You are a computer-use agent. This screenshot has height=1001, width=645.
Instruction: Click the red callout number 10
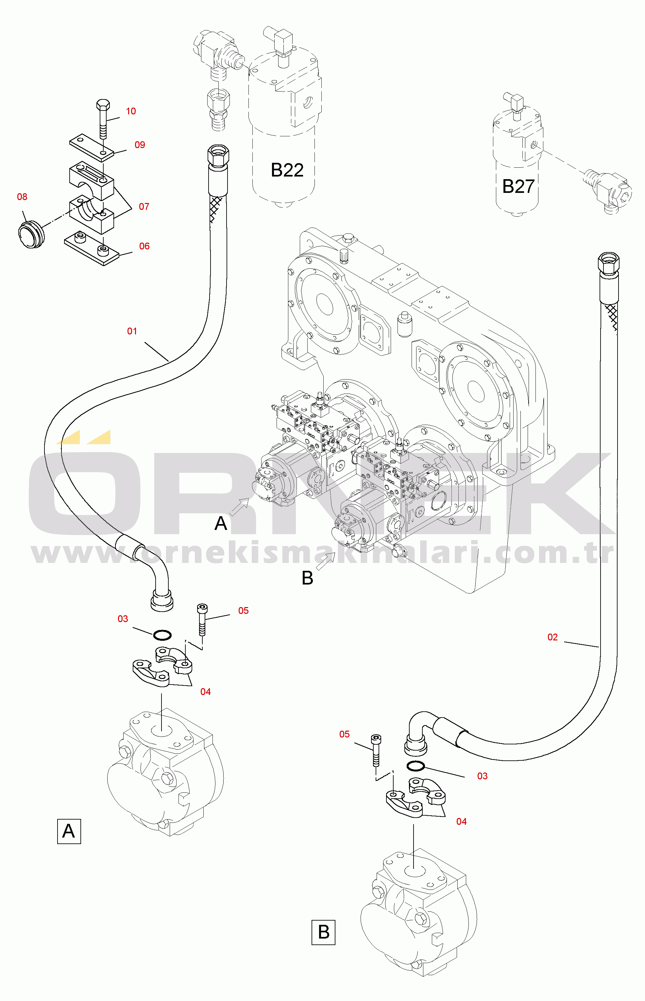(x=131, y=111)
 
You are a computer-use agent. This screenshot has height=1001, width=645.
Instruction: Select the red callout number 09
(x=140, y=144)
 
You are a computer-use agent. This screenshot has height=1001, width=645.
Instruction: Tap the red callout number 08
(x=22, y=196)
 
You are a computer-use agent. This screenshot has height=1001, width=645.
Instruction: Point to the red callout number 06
(x=144, y=246)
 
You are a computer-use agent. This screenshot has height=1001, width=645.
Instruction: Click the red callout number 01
(x=132, y=331)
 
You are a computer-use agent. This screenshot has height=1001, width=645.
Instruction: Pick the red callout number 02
(x=552, y=637)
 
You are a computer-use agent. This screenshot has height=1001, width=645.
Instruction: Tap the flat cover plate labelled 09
(x=91, y=147)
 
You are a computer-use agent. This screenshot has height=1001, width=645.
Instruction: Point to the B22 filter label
(x=287, y=170)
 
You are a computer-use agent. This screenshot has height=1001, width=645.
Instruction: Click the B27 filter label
(x=518, y=186)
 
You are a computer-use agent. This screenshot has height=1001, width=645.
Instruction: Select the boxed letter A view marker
(x=69, y=831)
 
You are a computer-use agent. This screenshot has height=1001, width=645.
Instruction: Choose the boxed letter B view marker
(x=323, y=932)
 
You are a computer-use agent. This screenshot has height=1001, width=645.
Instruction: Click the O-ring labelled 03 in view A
(x=162, y=635)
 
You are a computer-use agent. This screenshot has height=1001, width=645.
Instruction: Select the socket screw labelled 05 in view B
(x=376, y=750)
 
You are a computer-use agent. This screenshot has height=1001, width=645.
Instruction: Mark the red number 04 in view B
(x=461, y=821)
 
